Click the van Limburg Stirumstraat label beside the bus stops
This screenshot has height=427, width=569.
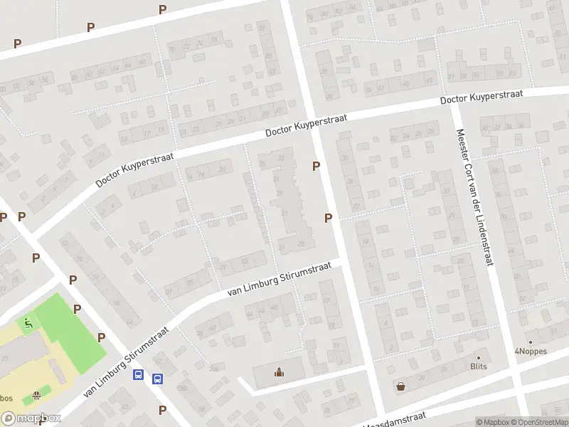coord(126,362)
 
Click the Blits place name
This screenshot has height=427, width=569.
coord(479,367)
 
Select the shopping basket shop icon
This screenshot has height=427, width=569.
coord(400,386)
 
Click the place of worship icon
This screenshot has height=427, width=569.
coord(279,371)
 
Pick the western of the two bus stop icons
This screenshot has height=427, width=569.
coord(139,376)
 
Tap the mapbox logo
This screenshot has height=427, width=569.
coord(31,418)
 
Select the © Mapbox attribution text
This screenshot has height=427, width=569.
coord(492,422)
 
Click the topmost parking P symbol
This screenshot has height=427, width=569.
coord(162,9)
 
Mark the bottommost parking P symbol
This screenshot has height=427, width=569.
coord(162,410)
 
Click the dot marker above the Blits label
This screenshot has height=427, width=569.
coord(479,357)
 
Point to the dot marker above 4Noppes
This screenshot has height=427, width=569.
coord(529,342)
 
